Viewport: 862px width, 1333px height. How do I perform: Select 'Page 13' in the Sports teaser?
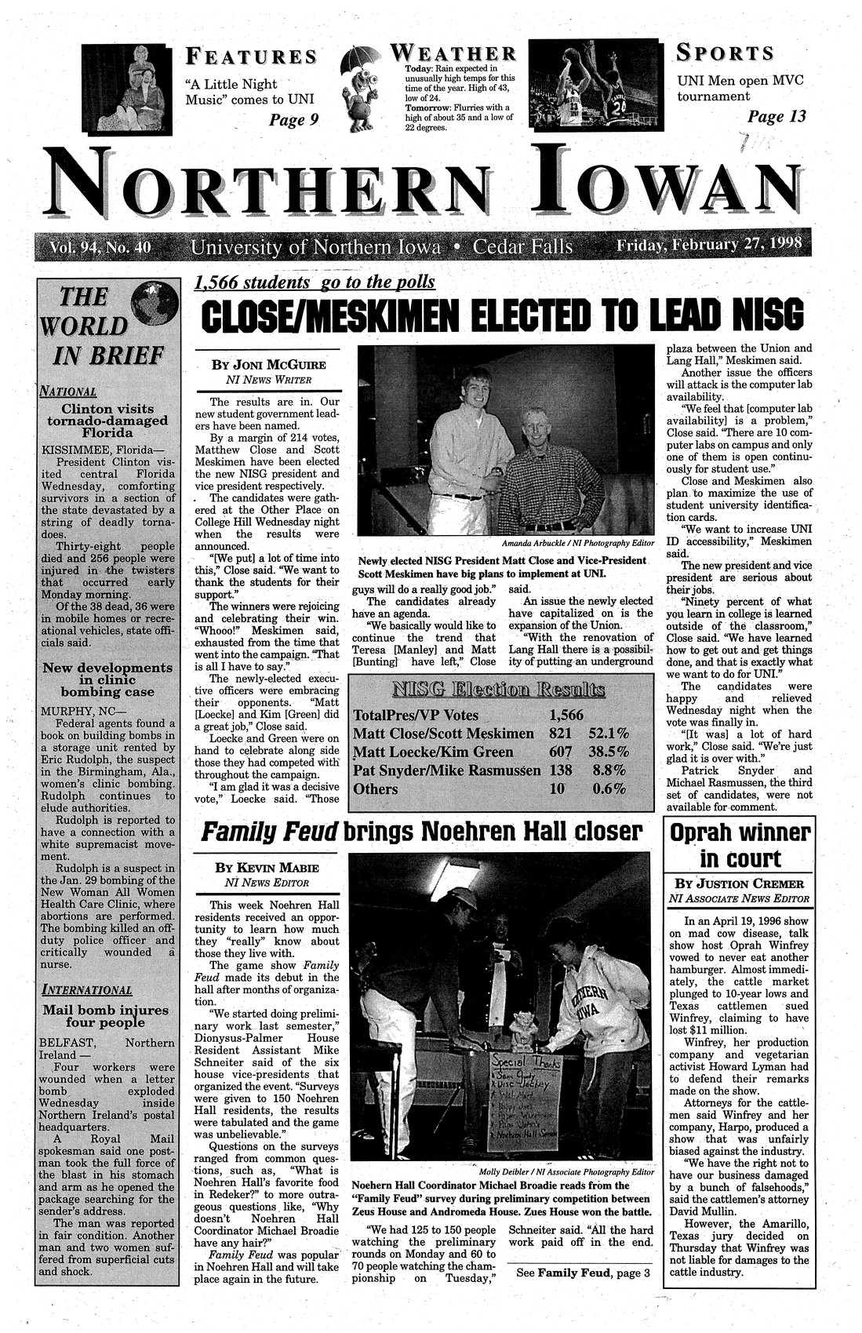coord(777,117)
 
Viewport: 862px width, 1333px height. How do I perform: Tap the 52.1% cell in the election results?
coord(609,733)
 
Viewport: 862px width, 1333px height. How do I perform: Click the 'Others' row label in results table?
coord(376,789)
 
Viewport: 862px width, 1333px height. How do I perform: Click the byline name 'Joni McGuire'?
coord(267,365)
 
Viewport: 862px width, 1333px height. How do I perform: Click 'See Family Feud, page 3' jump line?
coord(583,1272)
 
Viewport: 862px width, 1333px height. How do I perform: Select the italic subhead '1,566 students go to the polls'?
coord(314,282)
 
